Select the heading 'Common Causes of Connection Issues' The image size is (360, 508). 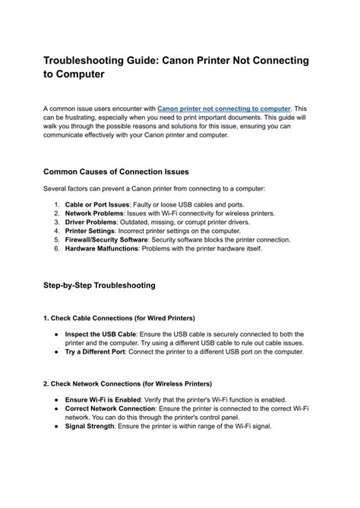pos(115,171)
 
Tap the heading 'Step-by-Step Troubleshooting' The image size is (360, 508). pos(99,286)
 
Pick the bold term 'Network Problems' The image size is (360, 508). pos(93,214)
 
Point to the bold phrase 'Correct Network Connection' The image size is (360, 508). pos(111,408)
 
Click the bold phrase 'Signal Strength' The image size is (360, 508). pos(90,425)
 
